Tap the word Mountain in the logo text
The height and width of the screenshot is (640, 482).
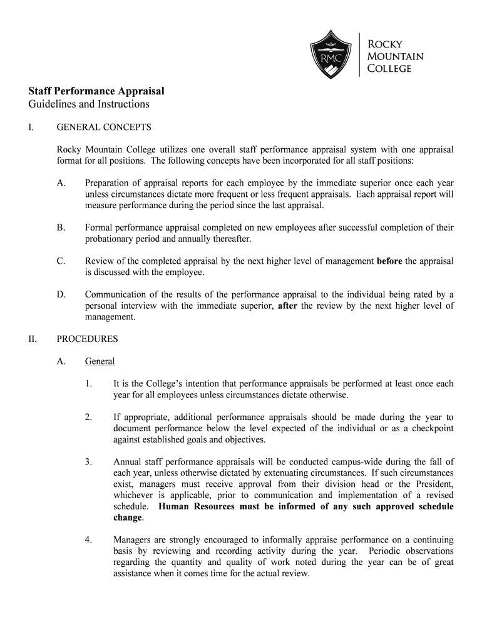point(394,56)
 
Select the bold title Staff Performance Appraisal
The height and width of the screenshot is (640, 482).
point(92,91)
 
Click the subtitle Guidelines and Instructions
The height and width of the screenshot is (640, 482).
point(85,104)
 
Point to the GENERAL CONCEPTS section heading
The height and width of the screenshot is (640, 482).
point(104,127)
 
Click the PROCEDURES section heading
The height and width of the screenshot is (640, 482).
point(87,339)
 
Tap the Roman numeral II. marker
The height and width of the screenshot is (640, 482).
point(33,339)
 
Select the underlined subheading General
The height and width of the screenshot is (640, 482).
point(100,361)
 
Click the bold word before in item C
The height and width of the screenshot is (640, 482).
point(389,261)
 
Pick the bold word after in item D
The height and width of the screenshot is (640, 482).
point(287,306)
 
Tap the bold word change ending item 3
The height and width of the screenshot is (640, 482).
point(128,517)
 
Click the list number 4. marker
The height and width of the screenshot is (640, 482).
point(89,539)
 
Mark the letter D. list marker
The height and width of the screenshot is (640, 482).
point(61,294)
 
